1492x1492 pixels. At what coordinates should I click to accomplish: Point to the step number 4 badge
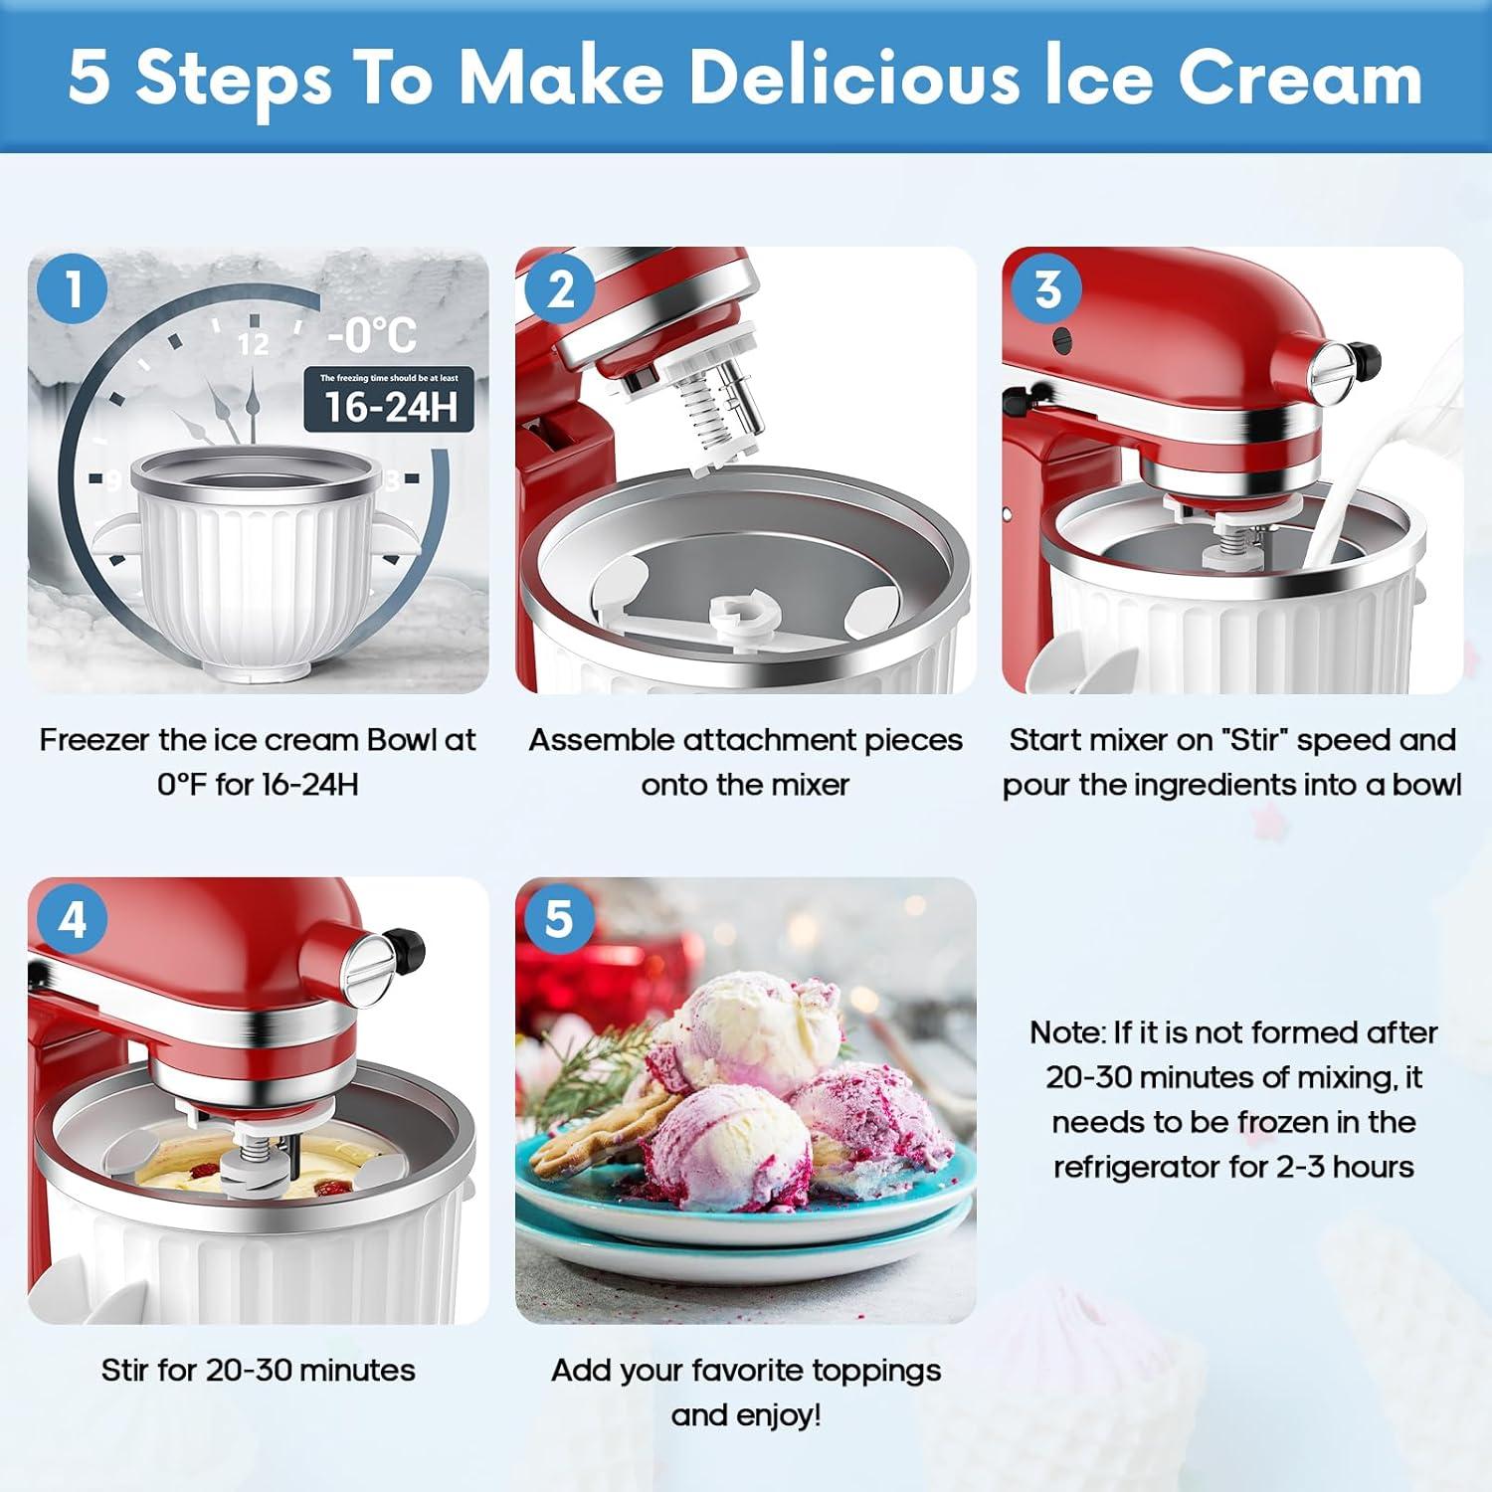73,920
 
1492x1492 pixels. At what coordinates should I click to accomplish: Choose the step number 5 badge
559,920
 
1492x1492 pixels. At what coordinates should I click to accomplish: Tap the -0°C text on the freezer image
372,334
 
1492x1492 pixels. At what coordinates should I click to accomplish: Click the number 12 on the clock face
254,344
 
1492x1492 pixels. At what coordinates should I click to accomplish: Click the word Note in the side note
1066,1032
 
